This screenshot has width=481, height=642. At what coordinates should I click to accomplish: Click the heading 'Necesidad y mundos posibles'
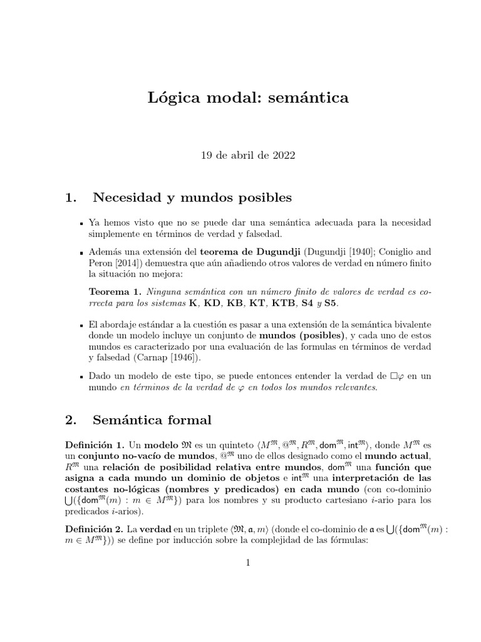[x=192, y=199]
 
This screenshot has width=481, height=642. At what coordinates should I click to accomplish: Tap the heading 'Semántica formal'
[x=152, y=419]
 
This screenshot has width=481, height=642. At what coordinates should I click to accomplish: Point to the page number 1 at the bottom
[x=248, y=563]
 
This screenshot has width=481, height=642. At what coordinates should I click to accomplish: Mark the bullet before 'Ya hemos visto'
[x=82, y=223]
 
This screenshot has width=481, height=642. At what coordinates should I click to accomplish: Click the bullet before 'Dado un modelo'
[x=82, y=376]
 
